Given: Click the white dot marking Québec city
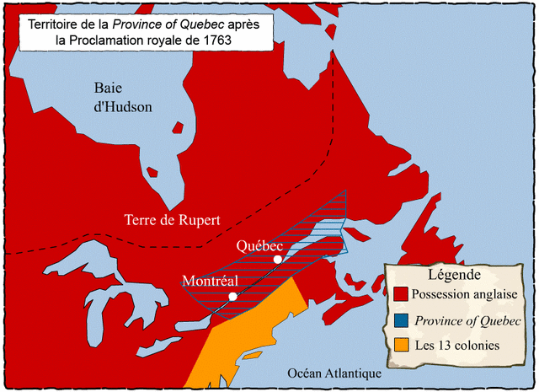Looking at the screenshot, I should (278, 260).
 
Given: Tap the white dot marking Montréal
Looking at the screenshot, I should (232, 297).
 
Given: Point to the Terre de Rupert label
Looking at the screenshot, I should (172, 220).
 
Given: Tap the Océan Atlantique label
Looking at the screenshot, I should (334, 373).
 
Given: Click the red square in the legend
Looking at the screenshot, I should (402, 294).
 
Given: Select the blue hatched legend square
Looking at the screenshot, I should (402, 320).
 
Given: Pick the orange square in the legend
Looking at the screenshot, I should (402, 345).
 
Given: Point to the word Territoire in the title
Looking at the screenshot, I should (58, 22).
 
